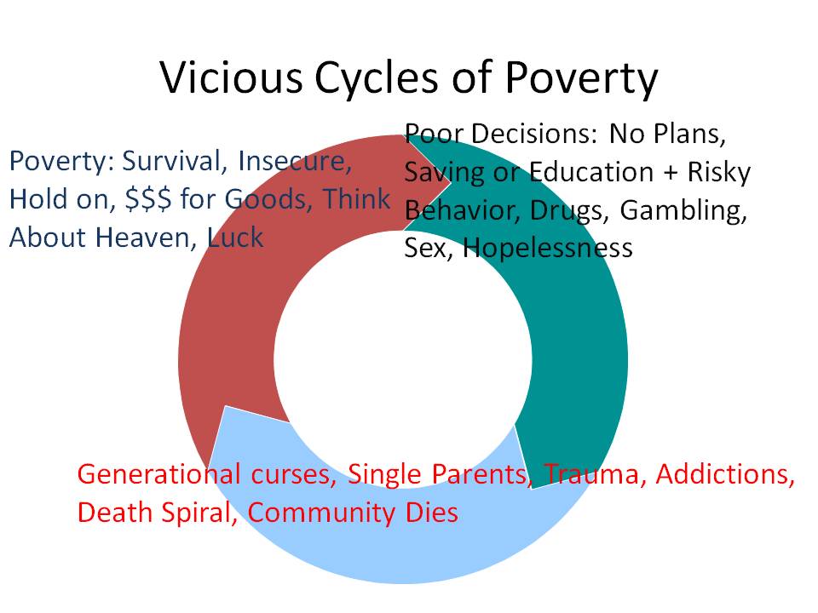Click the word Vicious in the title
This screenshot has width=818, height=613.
tap(231, 77)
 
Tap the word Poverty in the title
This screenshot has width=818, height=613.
tap(581, 79)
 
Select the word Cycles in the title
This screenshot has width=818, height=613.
tap(376, 79)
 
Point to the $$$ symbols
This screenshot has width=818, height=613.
tap(148, 199)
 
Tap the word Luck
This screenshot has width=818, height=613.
tap(235, 238)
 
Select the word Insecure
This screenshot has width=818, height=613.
tap(295, 161)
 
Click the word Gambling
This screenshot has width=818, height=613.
tap(683, 211)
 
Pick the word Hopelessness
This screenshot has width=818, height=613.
tap(547, 247)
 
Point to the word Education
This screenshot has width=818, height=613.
tap(591, 172)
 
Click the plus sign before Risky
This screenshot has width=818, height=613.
tap(671, 173)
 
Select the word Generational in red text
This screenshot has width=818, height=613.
tap(158, 474)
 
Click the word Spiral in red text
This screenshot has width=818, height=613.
tap(199, 513)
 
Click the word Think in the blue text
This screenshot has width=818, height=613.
tap(356, 199)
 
